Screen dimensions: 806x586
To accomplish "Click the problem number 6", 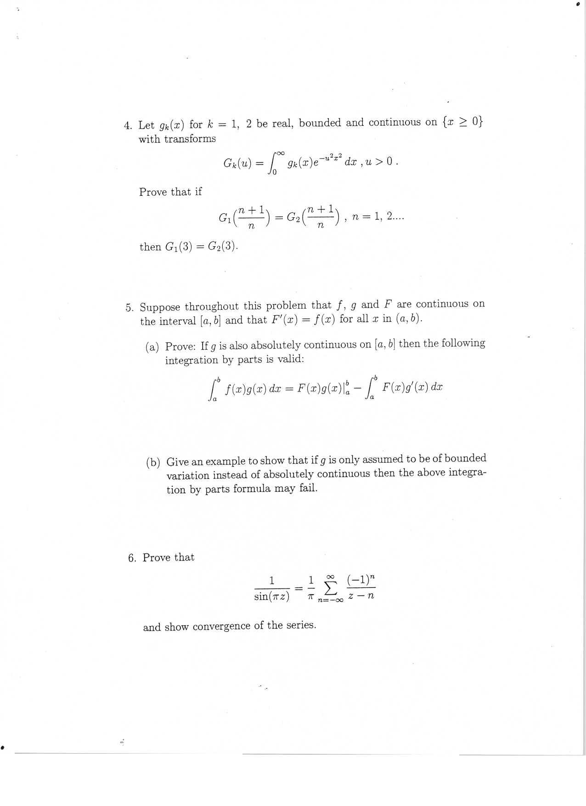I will pyautogui.click(x=132, y=558).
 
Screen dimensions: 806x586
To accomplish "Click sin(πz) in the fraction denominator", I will pyautogui.click(x=271, y=597).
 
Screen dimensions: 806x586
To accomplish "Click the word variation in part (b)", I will pyautogui.click(x=188, y=476).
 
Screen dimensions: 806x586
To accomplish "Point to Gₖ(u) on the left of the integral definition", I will pyautogui.click(x=237, y=163).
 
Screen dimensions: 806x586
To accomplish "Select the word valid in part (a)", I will pyautogui.click(x=291, y=359).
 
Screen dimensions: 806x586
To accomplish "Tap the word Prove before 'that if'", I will pyautogui.click(x=153, y=192).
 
